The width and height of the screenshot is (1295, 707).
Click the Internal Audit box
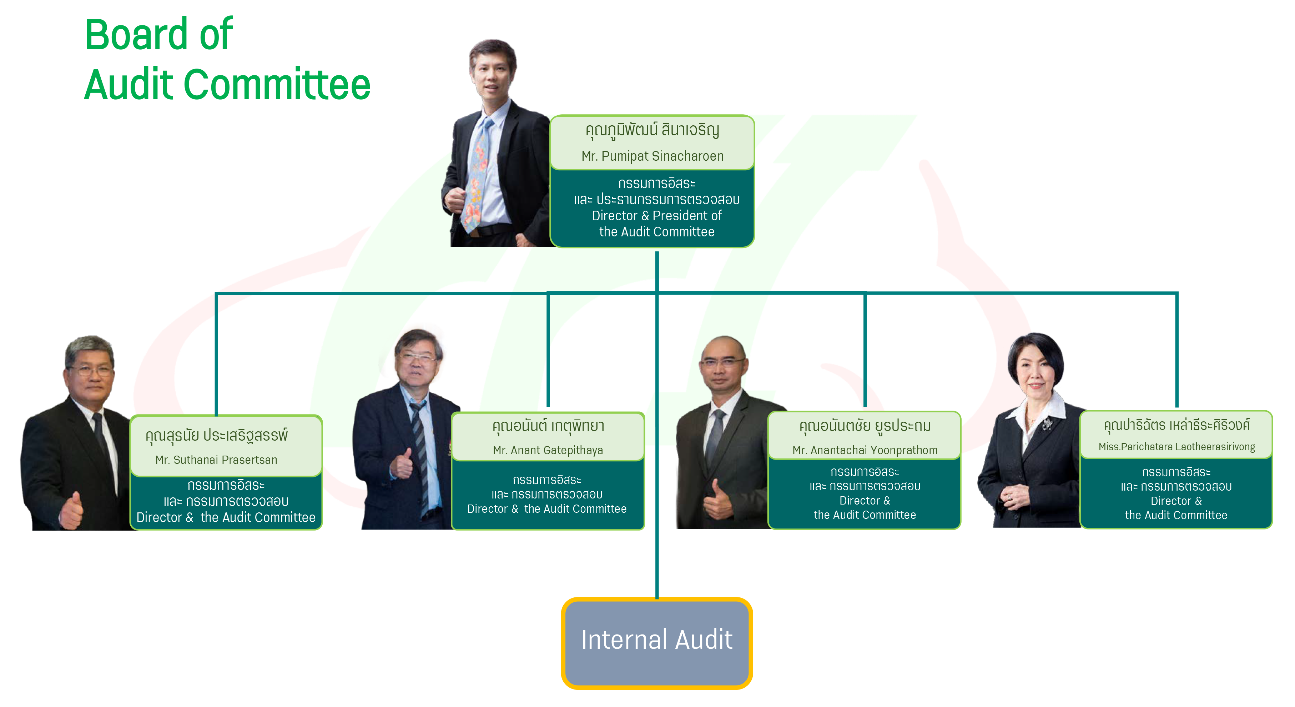(x=656, y=643)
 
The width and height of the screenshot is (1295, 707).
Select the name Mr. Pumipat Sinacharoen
(x=652, y=156)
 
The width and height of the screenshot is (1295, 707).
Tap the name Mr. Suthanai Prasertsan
(x=216, y=460)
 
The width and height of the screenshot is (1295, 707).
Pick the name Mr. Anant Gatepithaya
(x=548, y=450)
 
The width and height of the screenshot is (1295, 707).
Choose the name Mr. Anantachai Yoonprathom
(x=865, y=450)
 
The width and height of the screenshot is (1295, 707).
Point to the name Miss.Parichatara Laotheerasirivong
(x=1176, y=447)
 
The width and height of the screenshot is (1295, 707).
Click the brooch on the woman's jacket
(x=1048, y=423)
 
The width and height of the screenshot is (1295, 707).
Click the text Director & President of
(x=656, y=216)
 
